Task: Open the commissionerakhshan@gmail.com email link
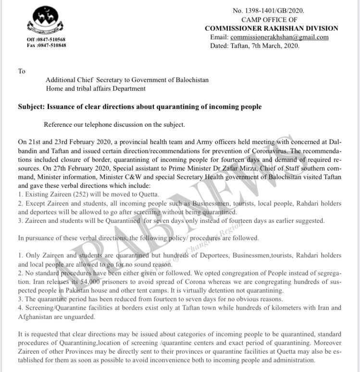pyautogui.click(x=279, y=37)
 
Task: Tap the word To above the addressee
pyautogui.click(x=21, y=71)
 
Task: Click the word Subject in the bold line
pyautogui.click(x=33, y=107)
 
